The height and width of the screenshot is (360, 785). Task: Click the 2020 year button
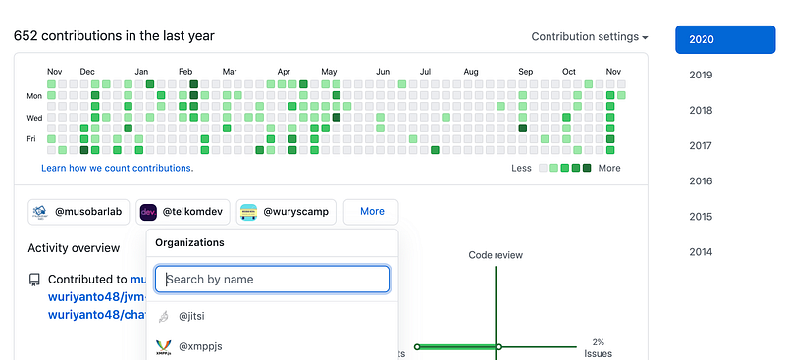point(725,39)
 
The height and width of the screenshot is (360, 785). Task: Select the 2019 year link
point(701,76)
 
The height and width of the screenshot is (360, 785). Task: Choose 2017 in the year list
point(701,146)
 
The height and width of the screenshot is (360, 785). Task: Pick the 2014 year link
point(701,252)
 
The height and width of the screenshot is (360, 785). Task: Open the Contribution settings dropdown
point(590,37)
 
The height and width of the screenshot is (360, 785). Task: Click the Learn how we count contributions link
point(117,168)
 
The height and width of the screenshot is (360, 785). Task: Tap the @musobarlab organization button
point(78,212)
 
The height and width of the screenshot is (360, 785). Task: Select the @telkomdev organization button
point(183,212)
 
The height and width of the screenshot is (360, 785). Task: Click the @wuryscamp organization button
point(287,212)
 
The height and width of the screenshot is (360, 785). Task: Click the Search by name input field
point(272,279)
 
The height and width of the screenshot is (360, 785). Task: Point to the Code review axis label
point(496,255)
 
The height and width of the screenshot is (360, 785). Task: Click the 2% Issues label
point(599,348)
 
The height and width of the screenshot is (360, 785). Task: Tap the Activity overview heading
point(74,248)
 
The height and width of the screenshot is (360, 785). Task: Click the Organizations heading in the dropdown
point(189,243)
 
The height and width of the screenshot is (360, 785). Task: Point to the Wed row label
point(34,118)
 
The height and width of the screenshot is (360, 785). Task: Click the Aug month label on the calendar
point(471,72)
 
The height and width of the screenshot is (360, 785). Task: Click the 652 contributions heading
point(114,36)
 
